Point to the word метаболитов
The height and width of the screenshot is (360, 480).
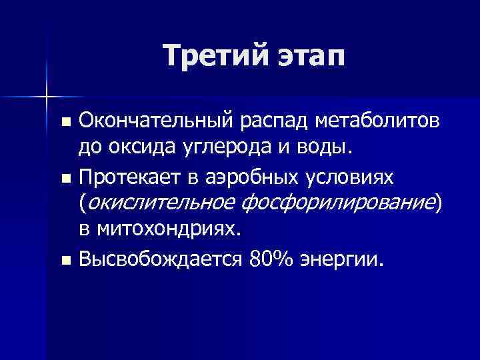(383, 121)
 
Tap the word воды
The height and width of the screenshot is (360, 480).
(322, 147)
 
